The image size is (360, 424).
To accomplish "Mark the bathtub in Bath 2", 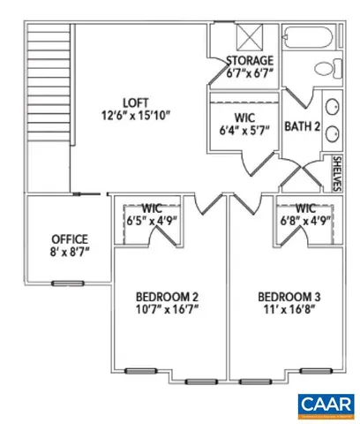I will click(x=310, y=38).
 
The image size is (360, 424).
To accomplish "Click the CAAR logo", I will click(x=324, y=403).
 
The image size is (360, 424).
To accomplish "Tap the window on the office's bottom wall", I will click(x=64, y=283).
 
